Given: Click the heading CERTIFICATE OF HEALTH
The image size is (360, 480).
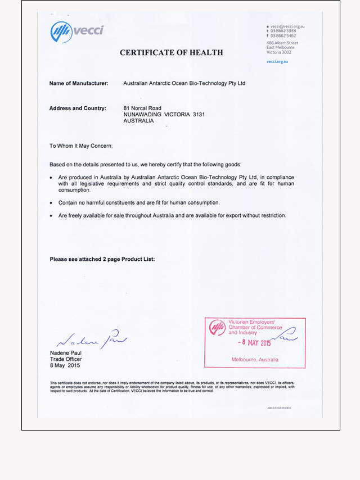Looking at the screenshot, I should coord(171,53).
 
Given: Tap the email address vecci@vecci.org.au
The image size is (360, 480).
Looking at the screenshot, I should coord(287,26).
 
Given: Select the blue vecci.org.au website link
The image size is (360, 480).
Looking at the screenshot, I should coord(277,61).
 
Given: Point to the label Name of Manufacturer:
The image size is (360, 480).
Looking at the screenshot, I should coord(79,83).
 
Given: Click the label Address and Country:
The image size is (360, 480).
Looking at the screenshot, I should coord(78,108).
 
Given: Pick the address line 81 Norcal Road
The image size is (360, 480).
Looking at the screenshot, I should coord(142,108).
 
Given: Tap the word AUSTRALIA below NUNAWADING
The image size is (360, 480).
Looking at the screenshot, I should coord(138,121).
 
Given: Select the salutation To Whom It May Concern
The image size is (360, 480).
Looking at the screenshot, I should coord(81,146).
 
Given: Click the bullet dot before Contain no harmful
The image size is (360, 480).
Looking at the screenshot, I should coord(52,203).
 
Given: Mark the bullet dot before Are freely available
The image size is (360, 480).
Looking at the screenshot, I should coord(52,216).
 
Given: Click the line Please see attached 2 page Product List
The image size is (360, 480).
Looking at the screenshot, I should coord(102,259).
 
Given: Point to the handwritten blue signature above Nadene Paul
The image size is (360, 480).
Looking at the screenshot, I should coord(93,339).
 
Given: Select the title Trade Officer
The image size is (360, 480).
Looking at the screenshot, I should coord(66,359).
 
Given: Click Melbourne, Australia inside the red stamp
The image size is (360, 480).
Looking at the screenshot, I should coord(255,359).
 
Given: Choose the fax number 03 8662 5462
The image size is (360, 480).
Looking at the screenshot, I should coord(283,35).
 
